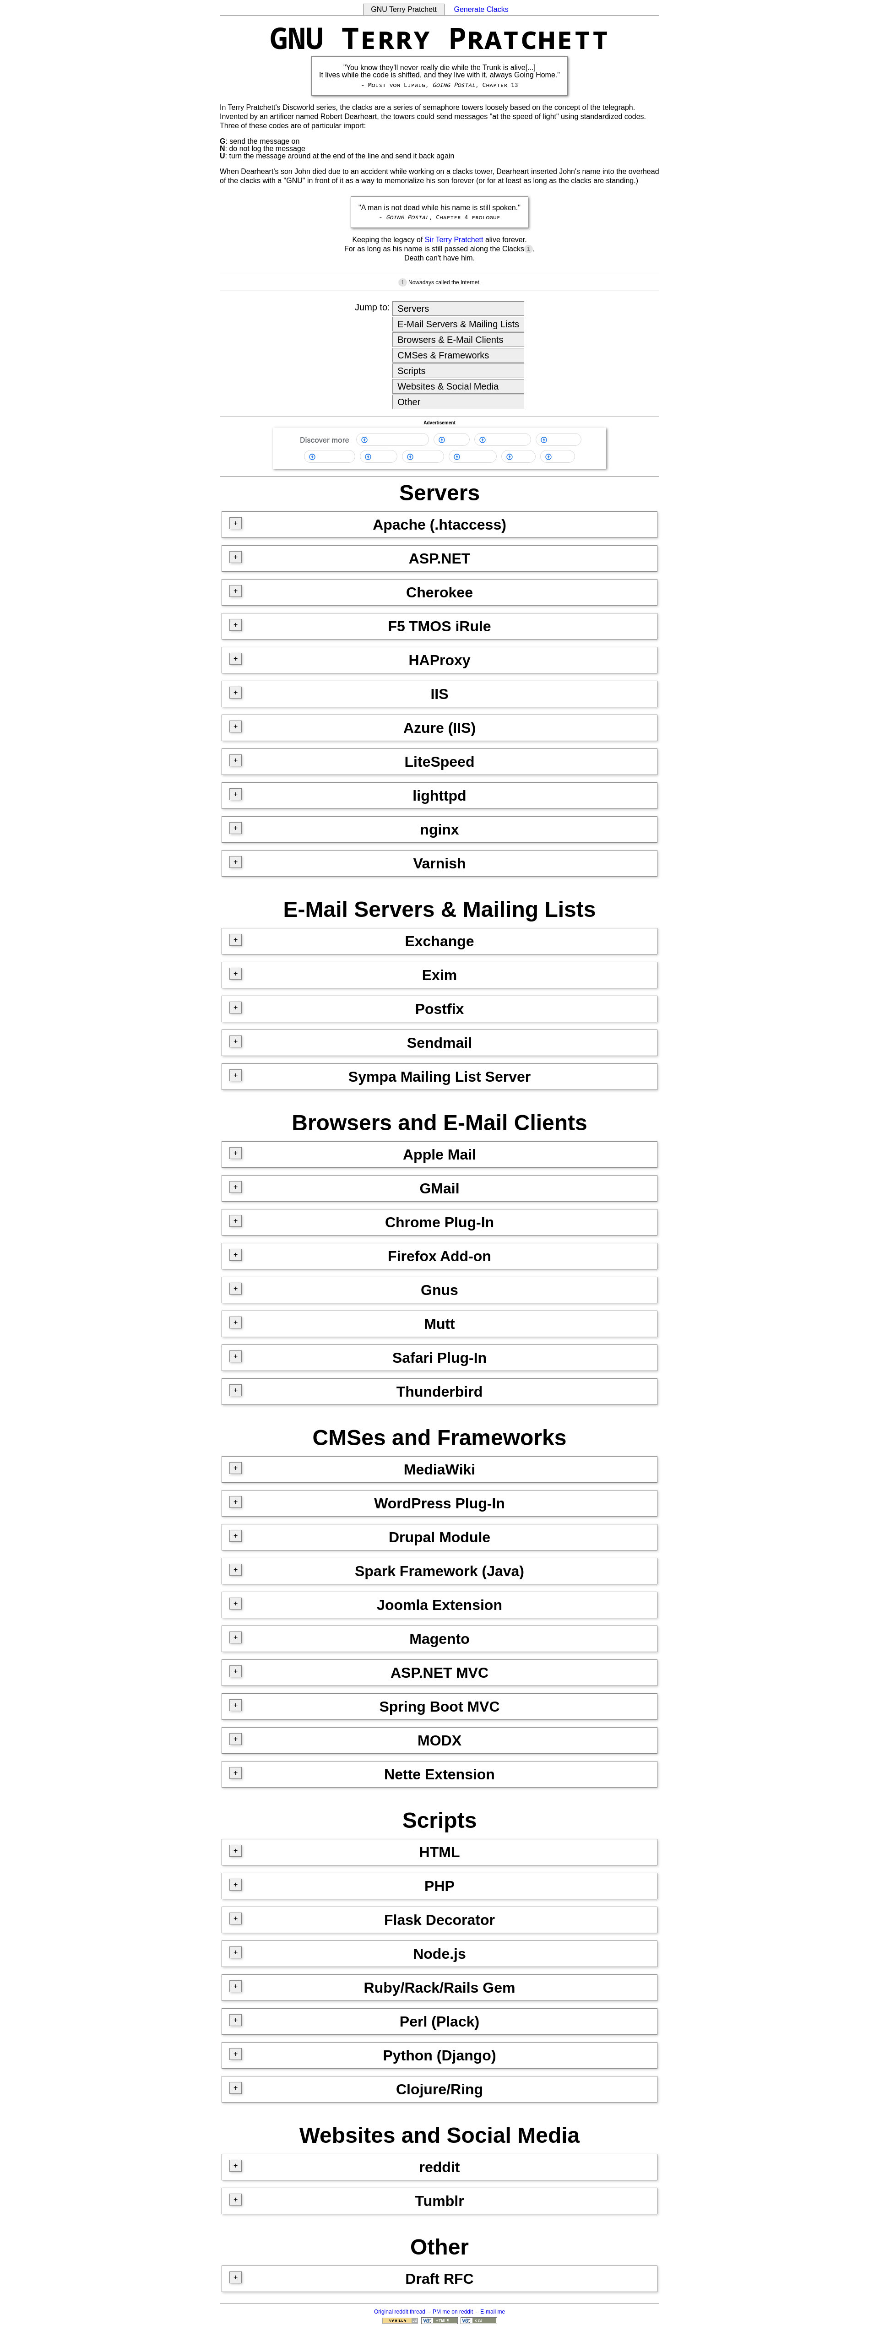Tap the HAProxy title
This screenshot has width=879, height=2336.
439,660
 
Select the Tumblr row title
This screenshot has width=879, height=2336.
439,2201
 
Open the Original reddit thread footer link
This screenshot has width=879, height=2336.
399,2312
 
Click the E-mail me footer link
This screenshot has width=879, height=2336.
493,2312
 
